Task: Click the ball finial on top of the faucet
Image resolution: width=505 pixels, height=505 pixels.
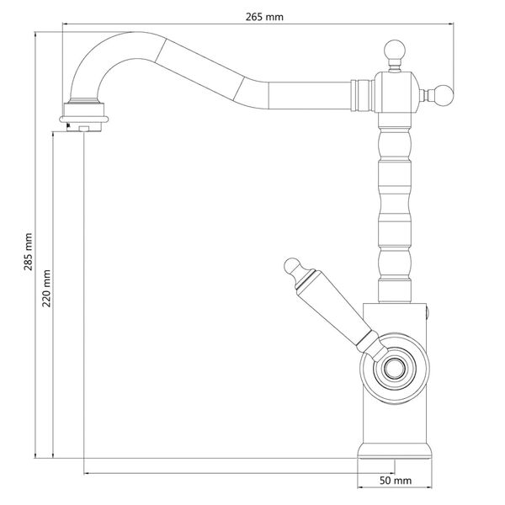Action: (x=393, y=50)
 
